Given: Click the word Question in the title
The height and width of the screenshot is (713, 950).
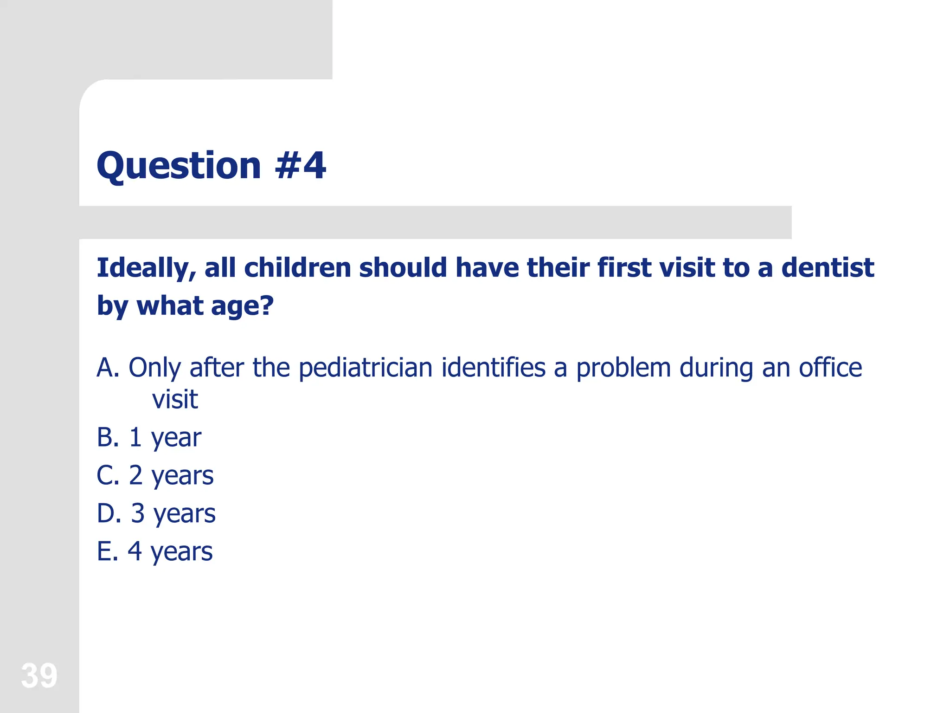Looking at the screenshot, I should pyautogui.click(x=179, y=166).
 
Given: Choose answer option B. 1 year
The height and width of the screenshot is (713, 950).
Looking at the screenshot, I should pyautogui.click(x=149, y=437).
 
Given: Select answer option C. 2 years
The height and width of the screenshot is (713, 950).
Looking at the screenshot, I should pyautogui.click(x=155, y=475).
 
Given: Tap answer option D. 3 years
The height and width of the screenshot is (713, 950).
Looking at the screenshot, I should pyautogui.click(x=156, y=513).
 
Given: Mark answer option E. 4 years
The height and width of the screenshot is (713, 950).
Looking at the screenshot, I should pyautogui.click(x=154, y=551).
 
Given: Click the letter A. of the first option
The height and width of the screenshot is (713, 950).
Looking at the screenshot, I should pyautogui.click(x=108, y=368).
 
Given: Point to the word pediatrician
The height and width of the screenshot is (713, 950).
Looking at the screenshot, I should pyautogui.click(x=366, y=368).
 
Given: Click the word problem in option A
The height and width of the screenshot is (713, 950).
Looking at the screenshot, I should pyautogui.click(x=623, y=368).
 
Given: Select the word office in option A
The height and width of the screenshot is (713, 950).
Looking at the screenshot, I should pyautogui.click(x=830, y=368).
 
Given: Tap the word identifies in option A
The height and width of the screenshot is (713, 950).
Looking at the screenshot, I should pyautogui.click(x=493, y=368).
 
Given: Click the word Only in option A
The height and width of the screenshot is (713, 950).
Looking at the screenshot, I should pyautogui.click(x=154, y=368).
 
